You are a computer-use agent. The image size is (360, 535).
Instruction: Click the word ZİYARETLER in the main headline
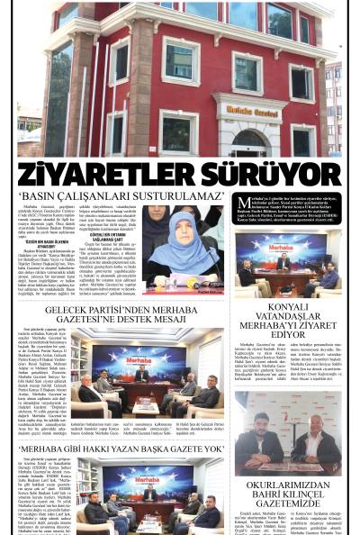tap(99, 170)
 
